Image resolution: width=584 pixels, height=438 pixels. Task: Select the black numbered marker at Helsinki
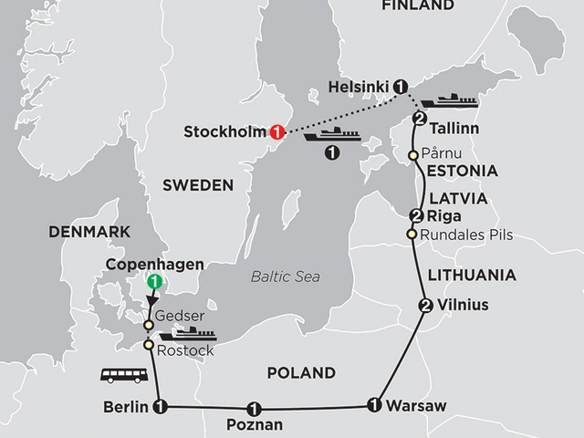coord(400,89)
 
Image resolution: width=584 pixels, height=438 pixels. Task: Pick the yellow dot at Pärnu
coord(413,155)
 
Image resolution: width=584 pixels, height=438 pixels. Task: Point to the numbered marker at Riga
coord(416,216)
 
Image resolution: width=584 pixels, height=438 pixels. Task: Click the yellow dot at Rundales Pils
coord(412,235)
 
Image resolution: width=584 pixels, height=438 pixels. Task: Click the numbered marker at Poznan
coord(253,408)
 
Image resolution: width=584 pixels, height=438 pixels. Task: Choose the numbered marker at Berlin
coord(161,405)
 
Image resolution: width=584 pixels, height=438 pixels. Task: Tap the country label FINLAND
coord(418,5)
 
